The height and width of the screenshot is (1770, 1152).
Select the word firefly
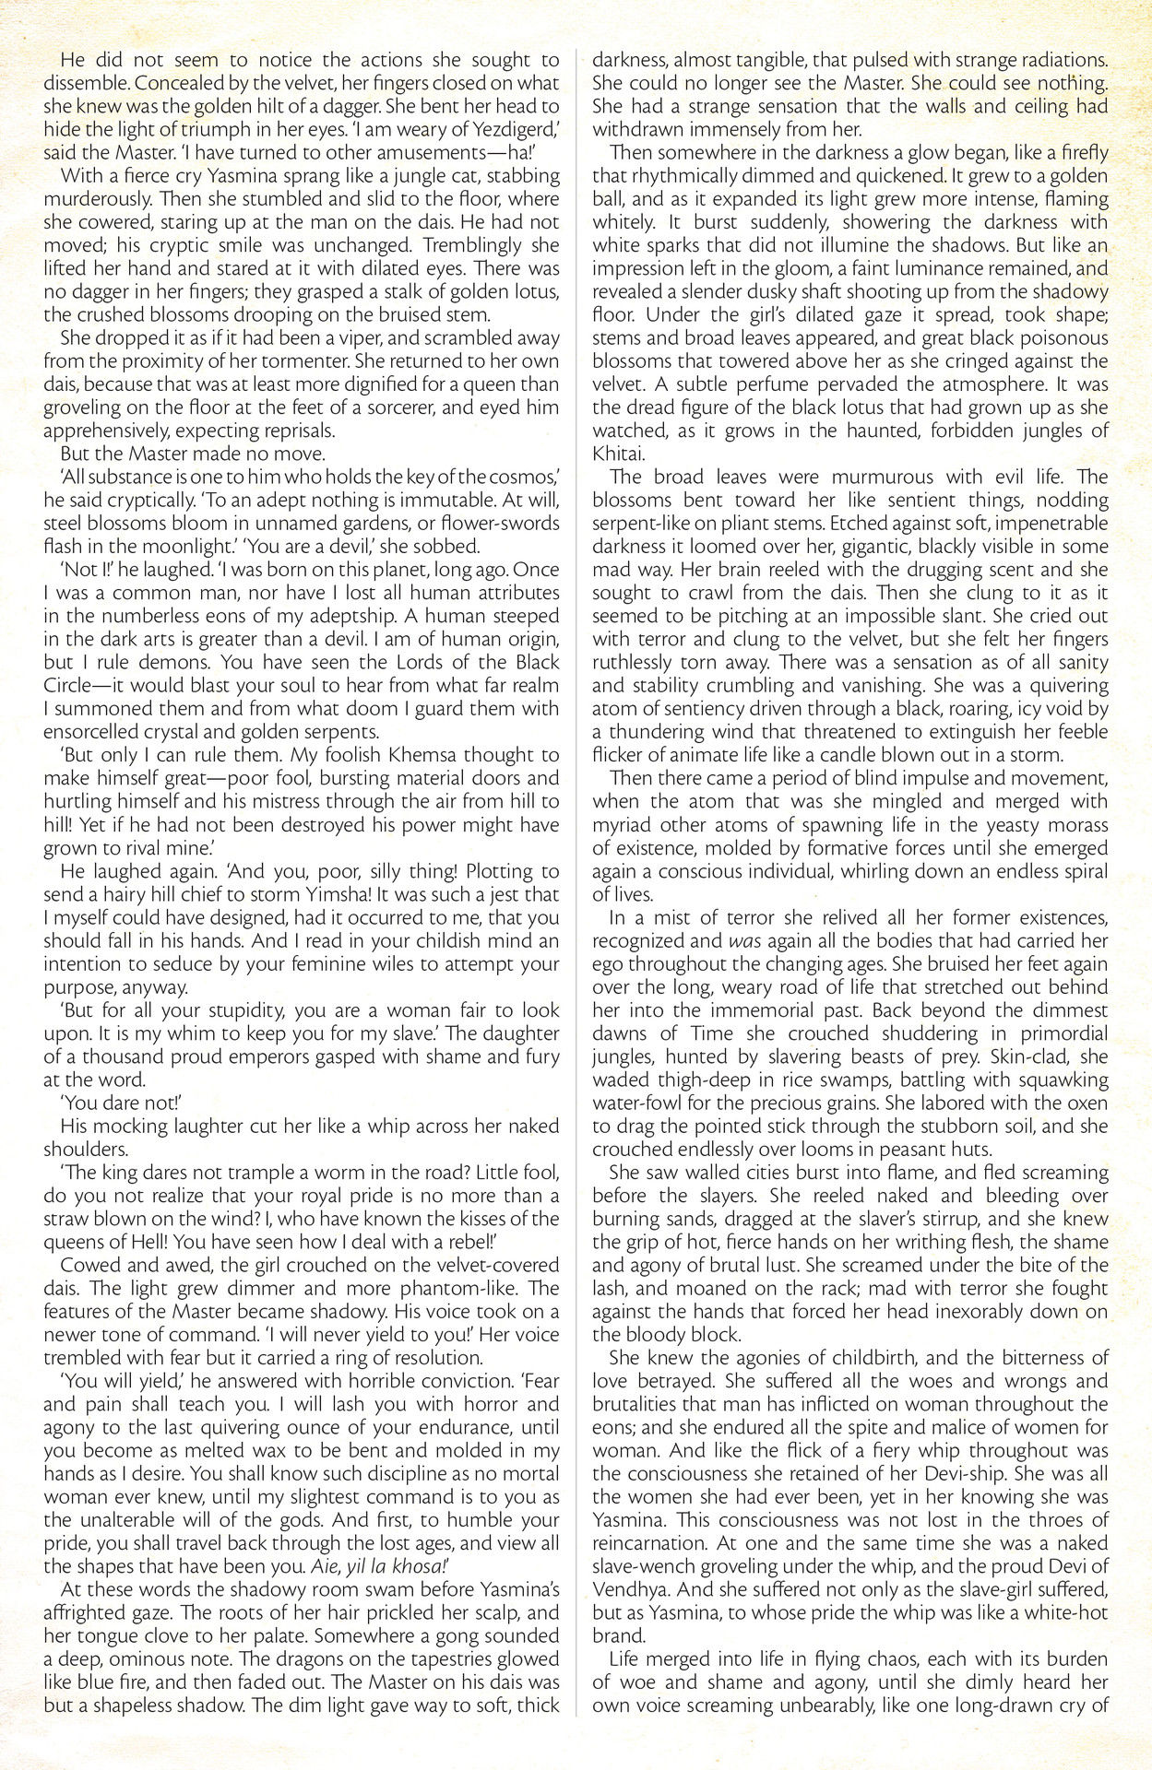[x=1076, y=152]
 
